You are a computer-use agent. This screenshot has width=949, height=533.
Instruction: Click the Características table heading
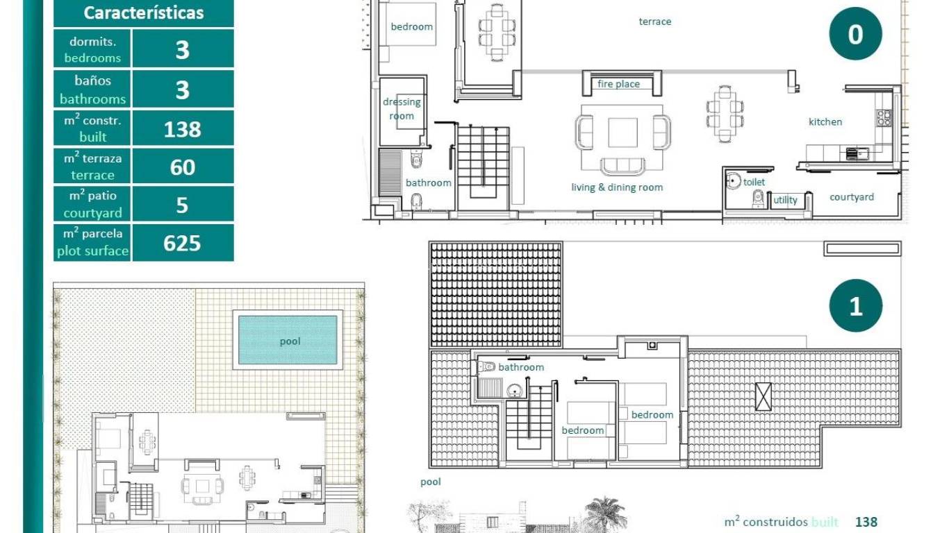coord(144,12)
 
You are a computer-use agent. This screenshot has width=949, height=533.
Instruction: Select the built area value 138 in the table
coord(182,129)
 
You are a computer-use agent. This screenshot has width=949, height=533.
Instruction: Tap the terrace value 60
coord(182,167)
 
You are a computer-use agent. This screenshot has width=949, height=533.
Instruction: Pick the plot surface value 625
coord(182,243)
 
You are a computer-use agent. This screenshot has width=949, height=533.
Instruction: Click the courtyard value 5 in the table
coord(182,205)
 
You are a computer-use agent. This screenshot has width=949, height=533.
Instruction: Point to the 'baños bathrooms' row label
coord(92,90)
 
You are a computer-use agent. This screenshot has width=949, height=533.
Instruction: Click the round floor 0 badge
coord(855,34)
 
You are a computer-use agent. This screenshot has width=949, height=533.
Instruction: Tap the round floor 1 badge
coord(855,306)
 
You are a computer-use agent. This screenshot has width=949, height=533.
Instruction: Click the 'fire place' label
coord(618,84)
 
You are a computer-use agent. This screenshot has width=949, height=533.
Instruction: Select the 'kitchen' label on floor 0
coord(825,121)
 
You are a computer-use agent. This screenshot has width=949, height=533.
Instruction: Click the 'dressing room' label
coord(402,109)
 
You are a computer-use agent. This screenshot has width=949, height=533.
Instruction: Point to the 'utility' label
coord(786,200)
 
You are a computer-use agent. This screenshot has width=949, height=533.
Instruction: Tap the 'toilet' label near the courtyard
coord(754,182)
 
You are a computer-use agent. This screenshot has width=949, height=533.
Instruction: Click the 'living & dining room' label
coord(617,187)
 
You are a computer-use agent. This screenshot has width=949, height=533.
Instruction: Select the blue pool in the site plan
coord(288,340)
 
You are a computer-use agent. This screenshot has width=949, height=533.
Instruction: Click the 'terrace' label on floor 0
coord(655,22)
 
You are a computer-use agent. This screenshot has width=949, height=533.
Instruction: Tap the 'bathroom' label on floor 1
coord(521,366)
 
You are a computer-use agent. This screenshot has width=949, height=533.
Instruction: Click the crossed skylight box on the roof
coord(764,396)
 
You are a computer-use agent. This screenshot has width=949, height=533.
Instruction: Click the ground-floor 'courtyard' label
coord(852,197)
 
